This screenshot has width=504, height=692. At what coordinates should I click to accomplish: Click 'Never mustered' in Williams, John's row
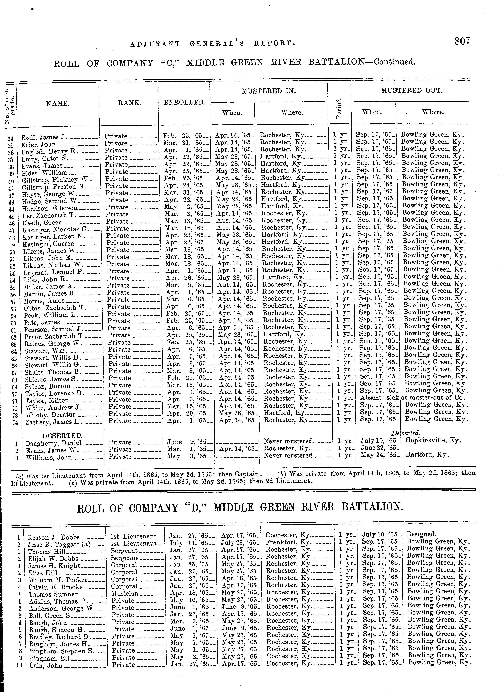coord(288,456)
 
